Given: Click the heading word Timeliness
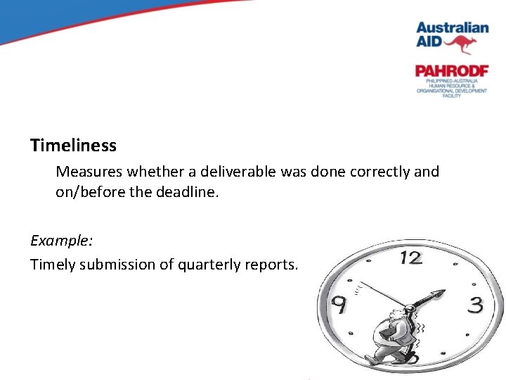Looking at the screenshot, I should (x=73, y=146).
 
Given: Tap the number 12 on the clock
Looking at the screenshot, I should (x=410, y=258).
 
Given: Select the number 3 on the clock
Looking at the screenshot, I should (x=476, y=305).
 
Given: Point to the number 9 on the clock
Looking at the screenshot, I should (x=338, y=305).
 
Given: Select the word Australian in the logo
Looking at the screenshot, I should (x=452, y=28).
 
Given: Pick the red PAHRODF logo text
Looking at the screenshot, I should (x=451, y=71).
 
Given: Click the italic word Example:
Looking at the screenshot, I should (x=62, y=240).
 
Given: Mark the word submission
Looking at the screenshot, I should (x=113, y=265).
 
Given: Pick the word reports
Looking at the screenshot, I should (x=273, y=265).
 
